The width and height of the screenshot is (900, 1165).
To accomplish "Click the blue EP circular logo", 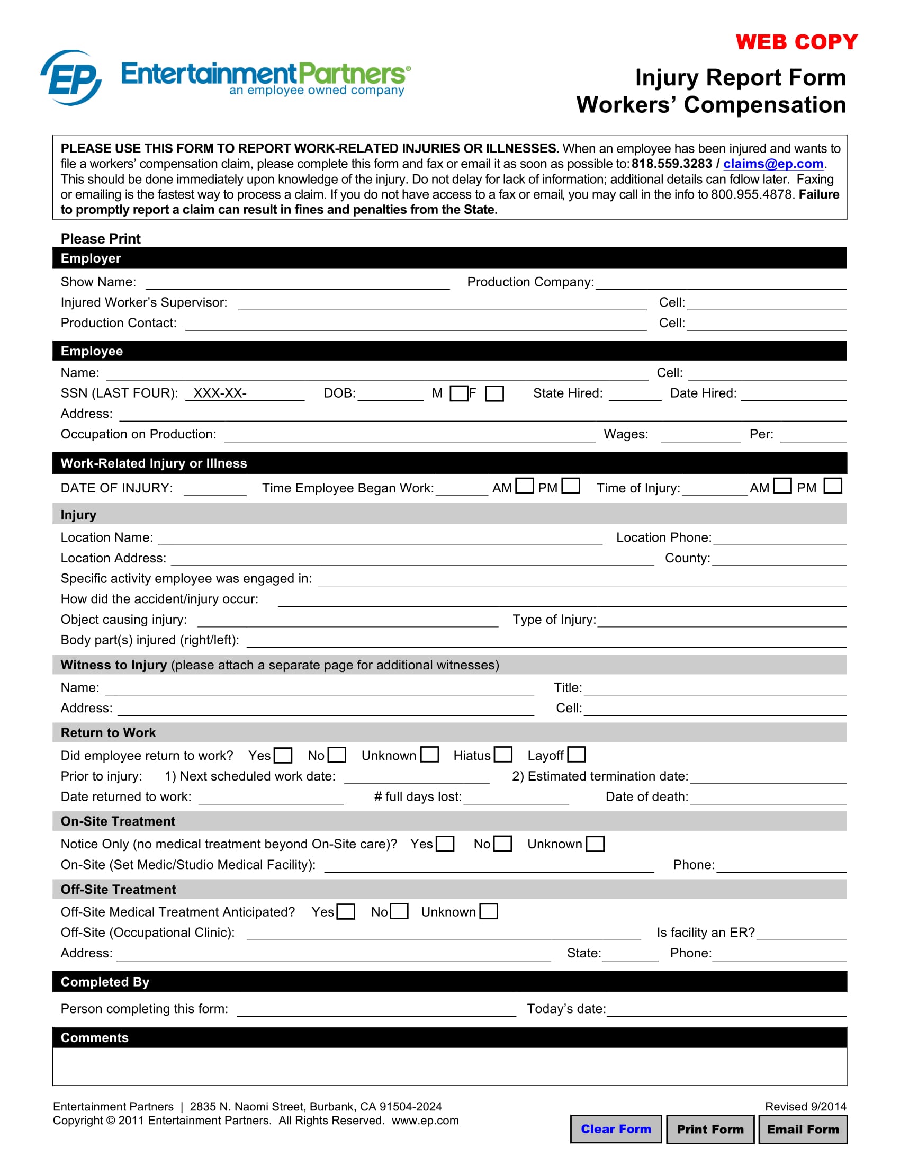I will coord(71,78).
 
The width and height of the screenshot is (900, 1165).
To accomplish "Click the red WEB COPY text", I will coord(796,42).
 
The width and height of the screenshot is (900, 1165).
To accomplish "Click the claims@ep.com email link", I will coord(772,164).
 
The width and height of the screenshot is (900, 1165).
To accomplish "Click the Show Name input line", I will coord(298,283).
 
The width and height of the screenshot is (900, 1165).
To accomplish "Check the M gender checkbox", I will coord(458,393).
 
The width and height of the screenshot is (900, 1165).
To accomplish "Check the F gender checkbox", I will coord(494,393).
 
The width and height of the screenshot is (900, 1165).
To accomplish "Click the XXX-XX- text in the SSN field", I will coord(220,393).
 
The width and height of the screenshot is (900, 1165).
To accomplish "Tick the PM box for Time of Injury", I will coord(832,486).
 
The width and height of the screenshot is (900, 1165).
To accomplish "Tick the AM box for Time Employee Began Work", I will coord(525,486).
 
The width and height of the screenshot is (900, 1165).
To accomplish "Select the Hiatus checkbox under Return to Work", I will coord(503,755).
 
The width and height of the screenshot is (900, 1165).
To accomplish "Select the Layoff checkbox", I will coord(577,755).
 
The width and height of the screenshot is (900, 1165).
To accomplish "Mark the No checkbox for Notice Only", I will coord(502,844).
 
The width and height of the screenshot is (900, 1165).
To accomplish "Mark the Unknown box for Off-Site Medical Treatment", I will coord(489,911).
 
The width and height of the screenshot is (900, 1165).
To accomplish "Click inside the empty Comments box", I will coord(449,1066).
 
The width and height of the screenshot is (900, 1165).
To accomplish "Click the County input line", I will coord(778,560).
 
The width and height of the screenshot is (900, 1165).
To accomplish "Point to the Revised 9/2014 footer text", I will coord(805,1106).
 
